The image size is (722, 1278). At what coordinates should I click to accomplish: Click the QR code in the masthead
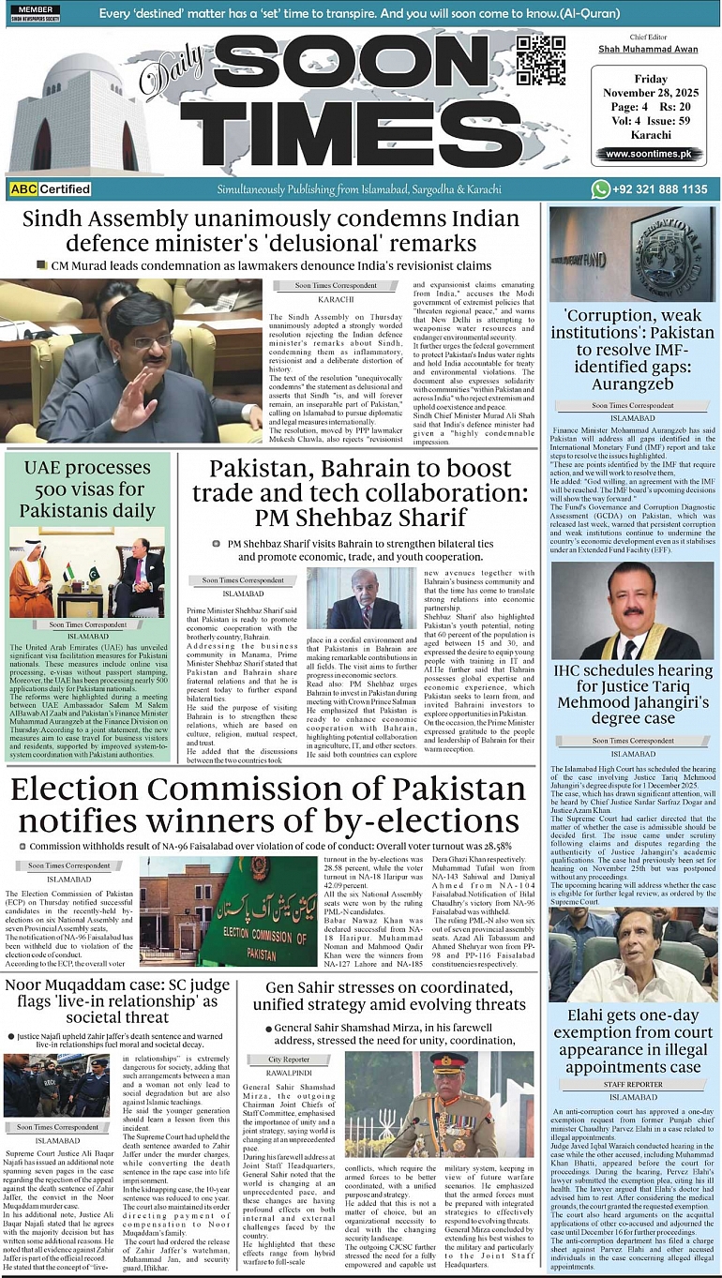541,59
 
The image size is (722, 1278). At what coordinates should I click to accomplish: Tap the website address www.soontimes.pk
648,154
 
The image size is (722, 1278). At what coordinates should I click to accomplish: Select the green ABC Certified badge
51,189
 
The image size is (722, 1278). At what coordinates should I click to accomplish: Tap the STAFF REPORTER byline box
633,1084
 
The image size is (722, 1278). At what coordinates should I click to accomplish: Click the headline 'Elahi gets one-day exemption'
633,1041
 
